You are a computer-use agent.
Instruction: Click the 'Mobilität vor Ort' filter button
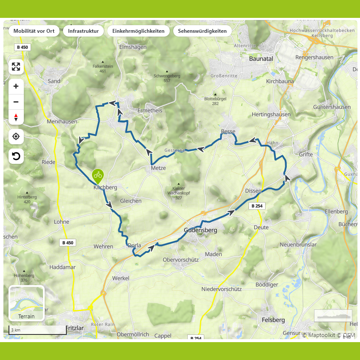(34, 31)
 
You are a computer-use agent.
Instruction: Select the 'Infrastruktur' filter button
(83, 31)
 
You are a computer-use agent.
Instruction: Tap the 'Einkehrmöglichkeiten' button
(138, 31)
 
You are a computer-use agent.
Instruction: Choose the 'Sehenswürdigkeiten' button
(203, 31)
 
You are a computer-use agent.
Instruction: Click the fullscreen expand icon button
(16, 67)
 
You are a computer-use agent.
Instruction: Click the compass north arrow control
(16, 117)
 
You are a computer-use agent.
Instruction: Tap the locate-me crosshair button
(16, 137)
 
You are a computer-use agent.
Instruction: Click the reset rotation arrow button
(16, 156)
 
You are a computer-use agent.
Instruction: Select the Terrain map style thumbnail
(26, 303)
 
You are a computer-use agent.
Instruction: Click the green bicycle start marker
(98, 175)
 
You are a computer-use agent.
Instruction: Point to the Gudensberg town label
(200, 230)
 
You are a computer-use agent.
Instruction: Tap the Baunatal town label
(261, 59)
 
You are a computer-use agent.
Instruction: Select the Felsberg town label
(274, 320)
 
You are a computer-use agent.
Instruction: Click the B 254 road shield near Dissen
(257, 206)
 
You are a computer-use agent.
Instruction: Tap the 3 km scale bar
(37, 330)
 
